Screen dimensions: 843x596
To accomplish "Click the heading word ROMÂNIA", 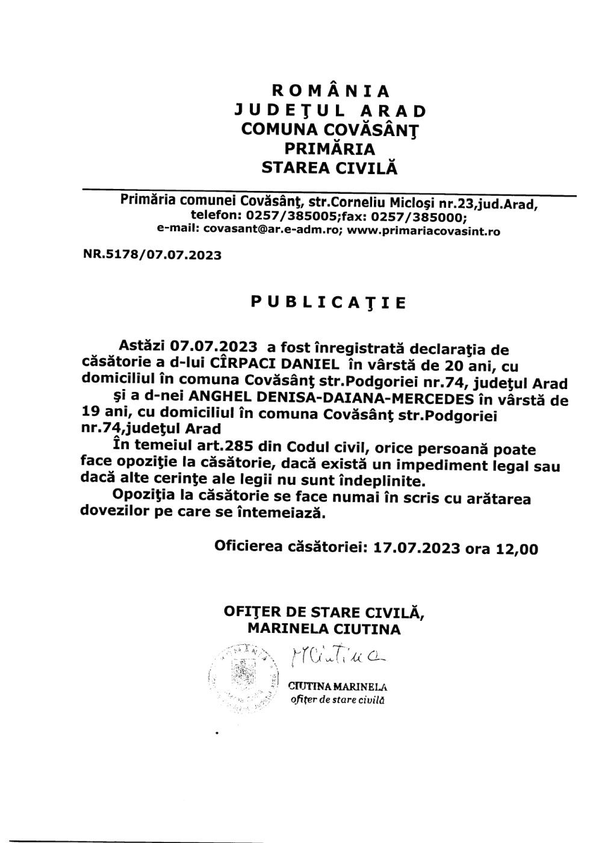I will pos(331,91).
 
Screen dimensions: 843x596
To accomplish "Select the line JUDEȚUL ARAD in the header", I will pos(331,111).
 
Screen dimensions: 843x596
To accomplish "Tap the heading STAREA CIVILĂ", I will pos(331,168).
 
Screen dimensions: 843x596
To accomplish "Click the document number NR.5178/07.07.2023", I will pos(152,255).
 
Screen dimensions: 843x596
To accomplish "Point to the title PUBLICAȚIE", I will pos(329,302).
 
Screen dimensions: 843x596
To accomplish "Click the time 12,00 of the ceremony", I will pos(517,549).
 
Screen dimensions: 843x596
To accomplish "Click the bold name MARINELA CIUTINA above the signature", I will pos(324,630).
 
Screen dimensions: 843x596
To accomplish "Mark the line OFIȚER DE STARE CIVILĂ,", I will pos(324,612).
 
